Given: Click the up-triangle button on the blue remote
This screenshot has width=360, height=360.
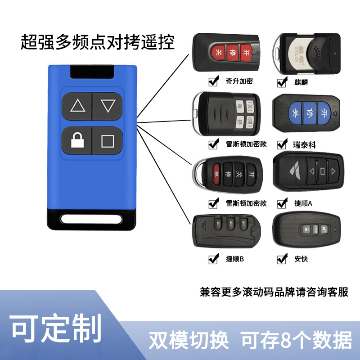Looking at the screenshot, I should pyautogui.click(x=78, y=106).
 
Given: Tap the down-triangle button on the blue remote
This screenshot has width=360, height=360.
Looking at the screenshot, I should pyautogui.click(x=108, y=106).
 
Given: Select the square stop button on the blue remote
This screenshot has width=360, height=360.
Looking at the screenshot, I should pyautogui.click(x=108, y=141).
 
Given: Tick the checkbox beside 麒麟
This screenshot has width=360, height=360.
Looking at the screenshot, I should pyautogui.click(x=282, y=82).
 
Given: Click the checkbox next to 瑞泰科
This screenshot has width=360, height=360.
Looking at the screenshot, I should pyautogui.click(x=282, y=144).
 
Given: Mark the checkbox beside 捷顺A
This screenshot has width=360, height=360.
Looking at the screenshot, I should pyautogui.click(x=282, y=203).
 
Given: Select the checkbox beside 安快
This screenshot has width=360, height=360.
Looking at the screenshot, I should pyautogui.click(x=282, y=259).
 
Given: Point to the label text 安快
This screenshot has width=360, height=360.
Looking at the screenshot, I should pyautogui.click(x=301, y=259).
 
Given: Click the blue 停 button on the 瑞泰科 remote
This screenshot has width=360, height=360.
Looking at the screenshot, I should pyautogui.click(x=309, y=111).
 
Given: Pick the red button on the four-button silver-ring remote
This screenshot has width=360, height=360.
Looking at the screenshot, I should pyautogui.click(x=216, y=173).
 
